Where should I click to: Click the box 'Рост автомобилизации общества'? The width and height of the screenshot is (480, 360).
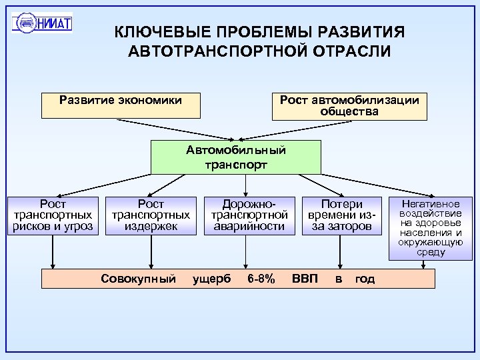point(349,105)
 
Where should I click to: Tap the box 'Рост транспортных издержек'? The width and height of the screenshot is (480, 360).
point(151,215)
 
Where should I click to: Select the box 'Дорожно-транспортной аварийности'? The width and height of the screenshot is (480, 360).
point(248,215)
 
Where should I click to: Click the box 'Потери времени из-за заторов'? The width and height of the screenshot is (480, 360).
point(342,215)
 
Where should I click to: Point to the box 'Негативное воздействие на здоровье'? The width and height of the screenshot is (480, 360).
point(430,227)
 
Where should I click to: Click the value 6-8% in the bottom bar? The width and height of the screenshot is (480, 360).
point(261,279)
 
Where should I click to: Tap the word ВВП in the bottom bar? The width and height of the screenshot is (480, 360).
point(305,279)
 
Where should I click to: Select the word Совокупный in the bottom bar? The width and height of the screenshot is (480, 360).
point(138,279)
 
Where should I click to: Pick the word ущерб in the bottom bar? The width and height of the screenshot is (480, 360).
point(211,279)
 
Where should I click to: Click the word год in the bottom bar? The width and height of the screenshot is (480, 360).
point(365,279)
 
